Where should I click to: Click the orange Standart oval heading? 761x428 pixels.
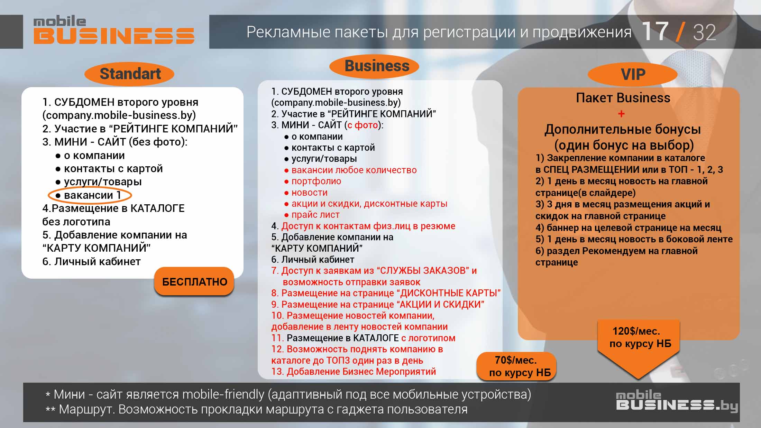pyautogui.click(x=129, y=74)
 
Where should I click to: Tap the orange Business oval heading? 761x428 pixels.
pyautogui.click(x=374, y=66)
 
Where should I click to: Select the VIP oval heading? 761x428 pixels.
pyautogui.click(x=633, y=74)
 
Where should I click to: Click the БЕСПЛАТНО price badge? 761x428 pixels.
pyautogui.click(x=194, y=282)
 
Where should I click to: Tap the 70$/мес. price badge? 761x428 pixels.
pyautogui.click(x=516, y=366)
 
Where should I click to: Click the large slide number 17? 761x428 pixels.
pyautogui.click(x=655, y=32)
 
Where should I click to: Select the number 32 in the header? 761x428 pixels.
pyautogui.click(x=704, y=33)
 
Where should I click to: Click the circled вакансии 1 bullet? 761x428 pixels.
pyautogui.click(x=90, y=195)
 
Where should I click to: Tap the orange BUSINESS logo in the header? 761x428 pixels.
pyautogui.click(x=114, y=36)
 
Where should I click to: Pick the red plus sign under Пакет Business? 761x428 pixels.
pyautogui.click(x=621, y=114)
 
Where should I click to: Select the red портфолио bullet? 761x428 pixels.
pyautogui.click(x=315, y=181)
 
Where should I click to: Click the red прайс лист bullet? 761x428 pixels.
pyautogui.click(x=315, y=215)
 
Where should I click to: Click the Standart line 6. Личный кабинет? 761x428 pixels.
pyautogui.click(x=91, y=261)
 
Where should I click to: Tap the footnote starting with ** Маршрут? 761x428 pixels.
pyautogui.click(x=256, y=409)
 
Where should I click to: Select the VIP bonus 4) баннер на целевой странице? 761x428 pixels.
pyautogui.click(x=628, y=227)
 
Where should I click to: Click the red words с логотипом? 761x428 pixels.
pyautogui.click(x=428, y=338)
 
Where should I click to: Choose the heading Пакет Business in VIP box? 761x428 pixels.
pyautogui.click(x=623, y=98)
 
